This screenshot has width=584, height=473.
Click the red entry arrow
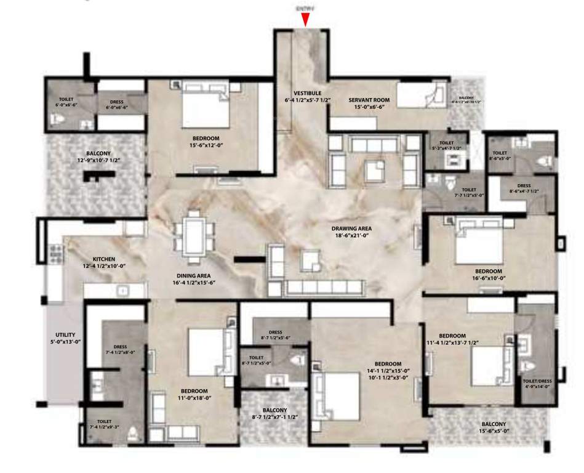pyautogui.click(x=305, y=20)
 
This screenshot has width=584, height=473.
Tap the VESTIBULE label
pyautogui.click(x=299, y=93)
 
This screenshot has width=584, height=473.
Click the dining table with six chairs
pyautogui.click(x=194, y=233)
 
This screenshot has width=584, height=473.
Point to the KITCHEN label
pyautogui.click(x=104, y=259)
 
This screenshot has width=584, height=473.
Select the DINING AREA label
pyautogui.click(x=194, y=275)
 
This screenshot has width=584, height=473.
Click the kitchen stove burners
pyautogui.click(x=55, y=254)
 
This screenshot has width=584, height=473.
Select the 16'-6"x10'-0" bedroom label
pyautogui.click(x=489, y=275)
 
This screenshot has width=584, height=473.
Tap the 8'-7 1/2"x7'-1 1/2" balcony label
pyautogui.click(x=274, y=413)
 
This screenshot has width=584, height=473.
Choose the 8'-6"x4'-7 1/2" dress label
pyautogui.click(x=523, y=188)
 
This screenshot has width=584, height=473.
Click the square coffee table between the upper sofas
pyautogui.click(x=374, y=169)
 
